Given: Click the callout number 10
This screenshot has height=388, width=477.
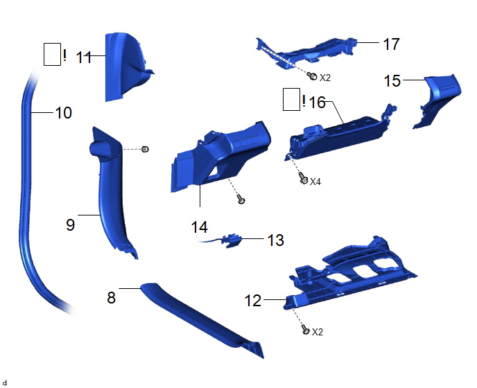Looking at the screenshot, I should [63, 112].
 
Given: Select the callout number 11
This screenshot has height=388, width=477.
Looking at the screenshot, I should [84, 58].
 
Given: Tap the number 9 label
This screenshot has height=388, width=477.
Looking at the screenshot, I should [70, 224].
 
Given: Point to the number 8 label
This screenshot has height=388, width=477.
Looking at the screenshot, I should [111, 297].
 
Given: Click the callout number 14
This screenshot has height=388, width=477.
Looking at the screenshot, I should [200, 226].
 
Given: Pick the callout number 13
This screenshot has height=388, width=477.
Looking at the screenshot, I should [275, 240].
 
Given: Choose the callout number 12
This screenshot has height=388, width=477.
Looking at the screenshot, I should [253, 301].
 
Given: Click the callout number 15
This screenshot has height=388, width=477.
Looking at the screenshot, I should [392, 81].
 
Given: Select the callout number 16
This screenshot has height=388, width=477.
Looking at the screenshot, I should [317, 103].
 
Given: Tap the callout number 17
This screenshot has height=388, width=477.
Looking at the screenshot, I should [391, 44].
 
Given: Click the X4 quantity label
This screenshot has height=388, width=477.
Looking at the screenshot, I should [315, 182].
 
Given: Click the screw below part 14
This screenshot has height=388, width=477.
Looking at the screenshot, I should [240, 200].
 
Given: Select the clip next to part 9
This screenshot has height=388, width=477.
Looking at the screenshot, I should [146, 149].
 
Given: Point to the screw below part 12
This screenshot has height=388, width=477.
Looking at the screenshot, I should [305, 331].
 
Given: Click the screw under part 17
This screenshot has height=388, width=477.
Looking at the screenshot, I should [313, 76].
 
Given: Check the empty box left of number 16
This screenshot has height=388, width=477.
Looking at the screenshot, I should [292, 100].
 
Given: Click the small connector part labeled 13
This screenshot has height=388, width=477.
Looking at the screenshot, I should [234, 240].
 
